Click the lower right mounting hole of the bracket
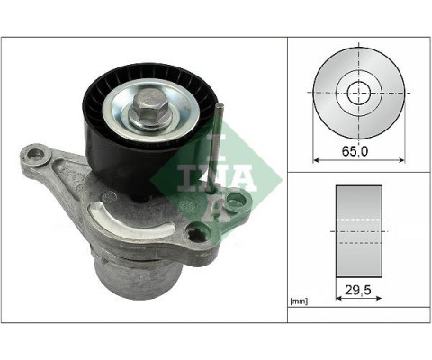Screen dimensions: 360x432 coord(197,237)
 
